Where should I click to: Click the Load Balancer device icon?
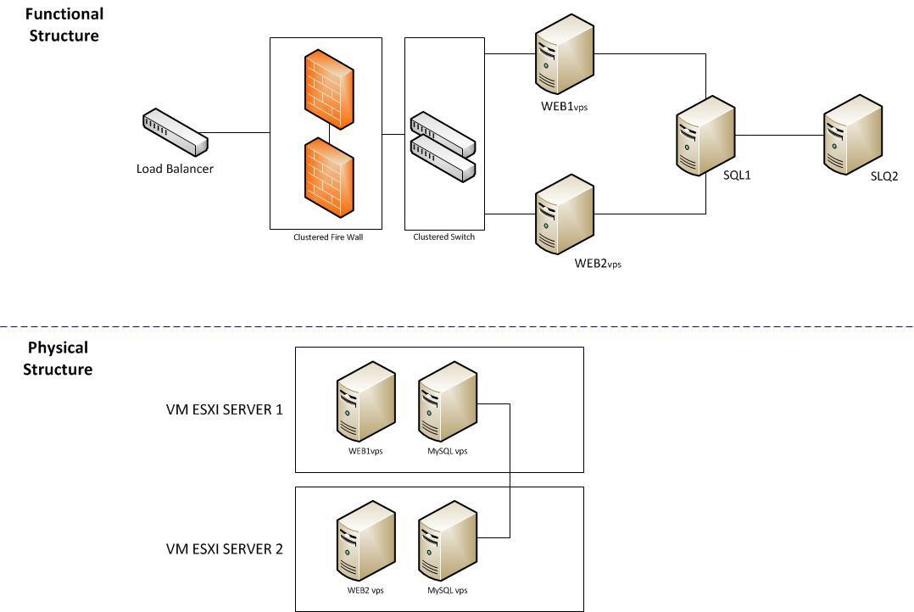click(175, 132)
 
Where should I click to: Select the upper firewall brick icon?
click(328, 90)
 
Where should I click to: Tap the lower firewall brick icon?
click(328, 178)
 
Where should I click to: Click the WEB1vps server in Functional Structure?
click(564, 59)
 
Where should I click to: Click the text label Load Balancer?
click(175, 169)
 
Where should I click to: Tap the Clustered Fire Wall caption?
click(328, 237)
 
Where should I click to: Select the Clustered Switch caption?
click(443, 237)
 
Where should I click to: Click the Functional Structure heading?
click(64, 25)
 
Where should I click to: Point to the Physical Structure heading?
click(58, 359)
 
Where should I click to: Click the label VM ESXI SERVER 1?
click(224, 409)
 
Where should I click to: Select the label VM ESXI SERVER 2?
click(224, 548)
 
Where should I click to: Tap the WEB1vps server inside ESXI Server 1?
click(365, 402)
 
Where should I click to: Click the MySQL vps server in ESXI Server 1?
click(448, 402)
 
